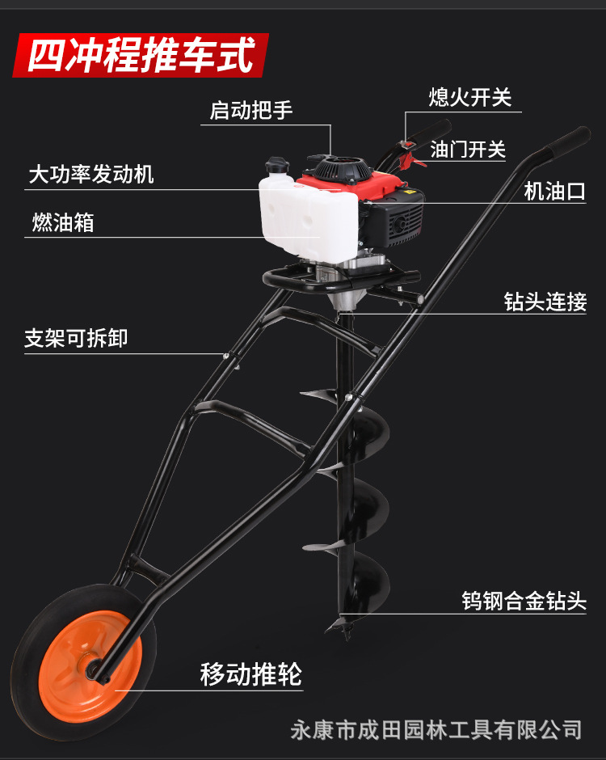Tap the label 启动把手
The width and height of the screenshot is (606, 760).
coord(251,110)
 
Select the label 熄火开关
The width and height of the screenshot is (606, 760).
coord(469,98)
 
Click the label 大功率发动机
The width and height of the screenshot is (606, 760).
coord(90,174)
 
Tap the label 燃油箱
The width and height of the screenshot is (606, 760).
coord(63,222)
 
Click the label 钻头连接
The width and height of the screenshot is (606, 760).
coord(545,302)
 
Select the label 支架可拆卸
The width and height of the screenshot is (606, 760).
coord(76,339)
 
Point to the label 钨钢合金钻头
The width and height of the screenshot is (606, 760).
coord(523,601)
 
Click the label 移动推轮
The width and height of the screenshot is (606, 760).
coord(250,673)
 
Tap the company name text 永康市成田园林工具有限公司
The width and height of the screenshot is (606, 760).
coord(436,729)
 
